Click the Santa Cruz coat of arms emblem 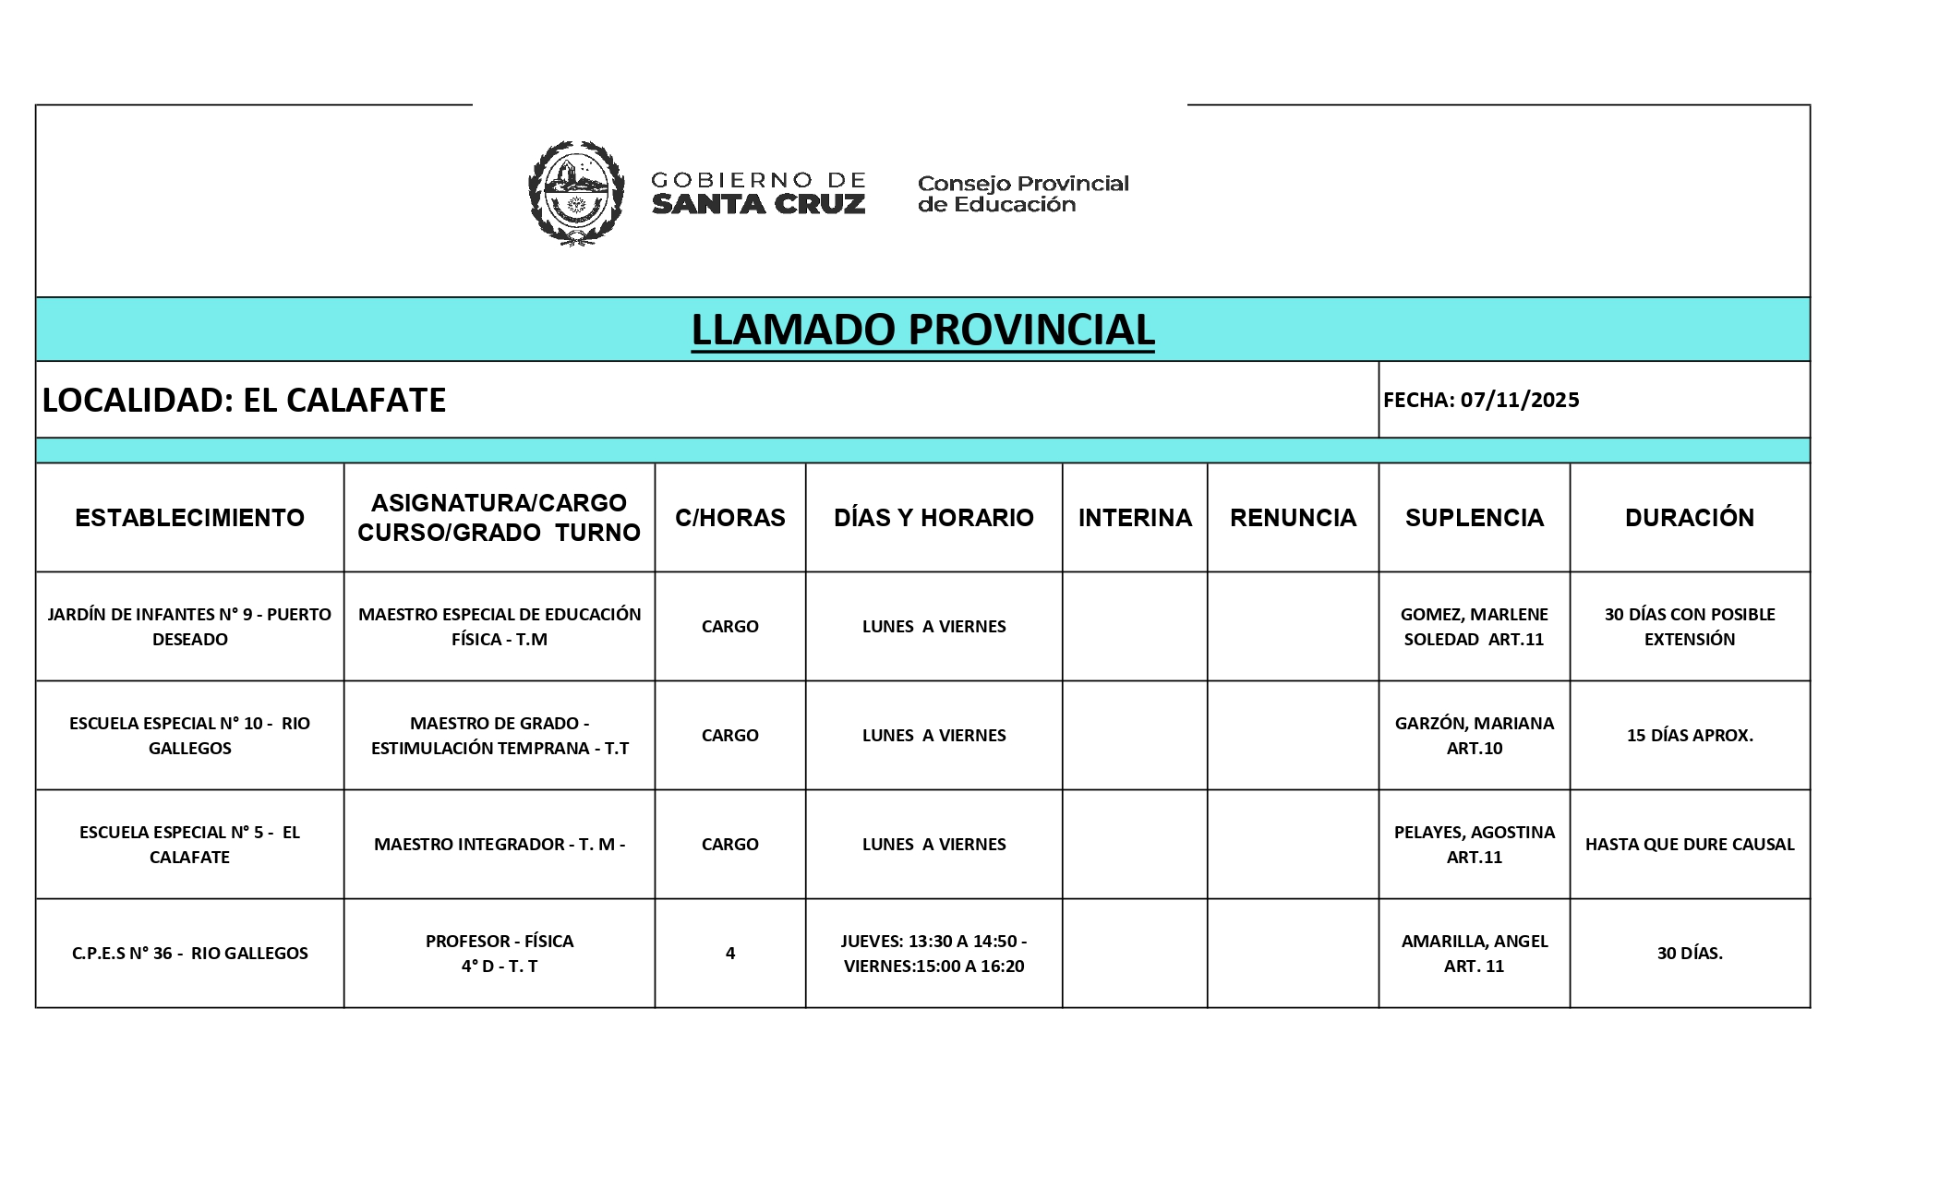[x=575, y=193]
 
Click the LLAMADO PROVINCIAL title [x=922, y=330]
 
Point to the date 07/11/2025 [x=1520, y=400]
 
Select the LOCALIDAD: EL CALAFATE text [x=244, y=400]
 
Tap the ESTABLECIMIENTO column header [x=189, y=518]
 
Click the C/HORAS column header [x=729, y=518]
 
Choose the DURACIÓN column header [x=1689, y=518]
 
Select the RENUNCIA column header [x=1293, y=518]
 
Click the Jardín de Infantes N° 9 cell [x=189, y=627]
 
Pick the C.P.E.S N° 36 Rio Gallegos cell [x=189, y=954]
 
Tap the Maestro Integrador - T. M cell [x=500, y=845]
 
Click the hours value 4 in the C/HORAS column [x=729, y=954]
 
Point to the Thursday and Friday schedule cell [x=933, y=954]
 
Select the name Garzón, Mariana [x=1474, y=724]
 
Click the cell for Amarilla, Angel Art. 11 [x=1474, y=954]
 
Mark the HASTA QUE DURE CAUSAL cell [x=1689, y=845]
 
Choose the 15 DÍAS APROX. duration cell [x=1689, y=736]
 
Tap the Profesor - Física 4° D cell [x=500, y=954]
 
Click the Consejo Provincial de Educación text [x=1023, y=194]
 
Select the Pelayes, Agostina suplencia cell [x=1474, y=845]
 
